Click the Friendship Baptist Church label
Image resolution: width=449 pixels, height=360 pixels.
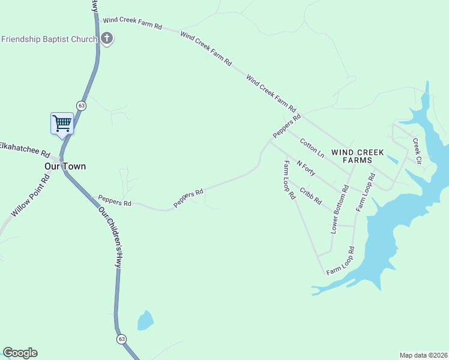pyautogui.click(x=49, y=40)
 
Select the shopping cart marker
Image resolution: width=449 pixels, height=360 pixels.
pyautogui.click(x=62, y=124)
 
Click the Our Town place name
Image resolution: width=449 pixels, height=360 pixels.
pyautogui.click(x=65, y=166)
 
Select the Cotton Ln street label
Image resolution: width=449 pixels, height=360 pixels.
pyautogui.click(x=312, y=148)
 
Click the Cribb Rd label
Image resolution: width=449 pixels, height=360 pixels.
pyautogui.click(x=311, y=196)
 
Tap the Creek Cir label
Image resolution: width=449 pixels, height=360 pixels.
pyautogui.click(x=417, y=152)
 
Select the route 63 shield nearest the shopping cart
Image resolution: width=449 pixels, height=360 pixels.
pyautogui.click(x=82, y=106)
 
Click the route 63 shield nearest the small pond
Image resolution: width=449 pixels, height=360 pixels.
pyautogui.click(x=122, y=339)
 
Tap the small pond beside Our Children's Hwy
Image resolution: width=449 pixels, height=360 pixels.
pyautogui.click(x=145, y=320)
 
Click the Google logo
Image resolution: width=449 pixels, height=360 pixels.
pyautogui.click(x=20, y=353)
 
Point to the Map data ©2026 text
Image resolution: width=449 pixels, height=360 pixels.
pyautogui.click(x=423, y=355)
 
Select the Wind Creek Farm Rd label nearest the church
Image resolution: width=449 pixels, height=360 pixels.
pyautogui.click(x=133, y=23)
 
